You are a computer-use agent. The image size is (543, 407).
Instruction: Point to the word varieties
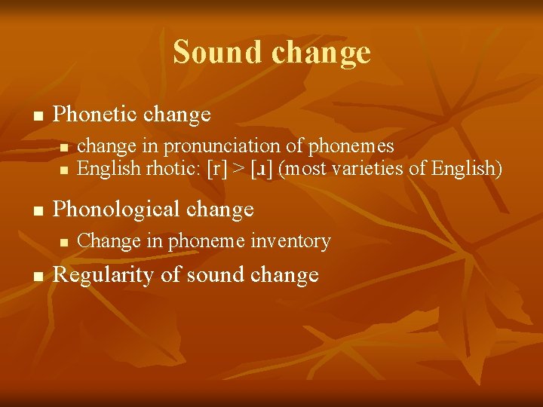click(370, 168)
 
